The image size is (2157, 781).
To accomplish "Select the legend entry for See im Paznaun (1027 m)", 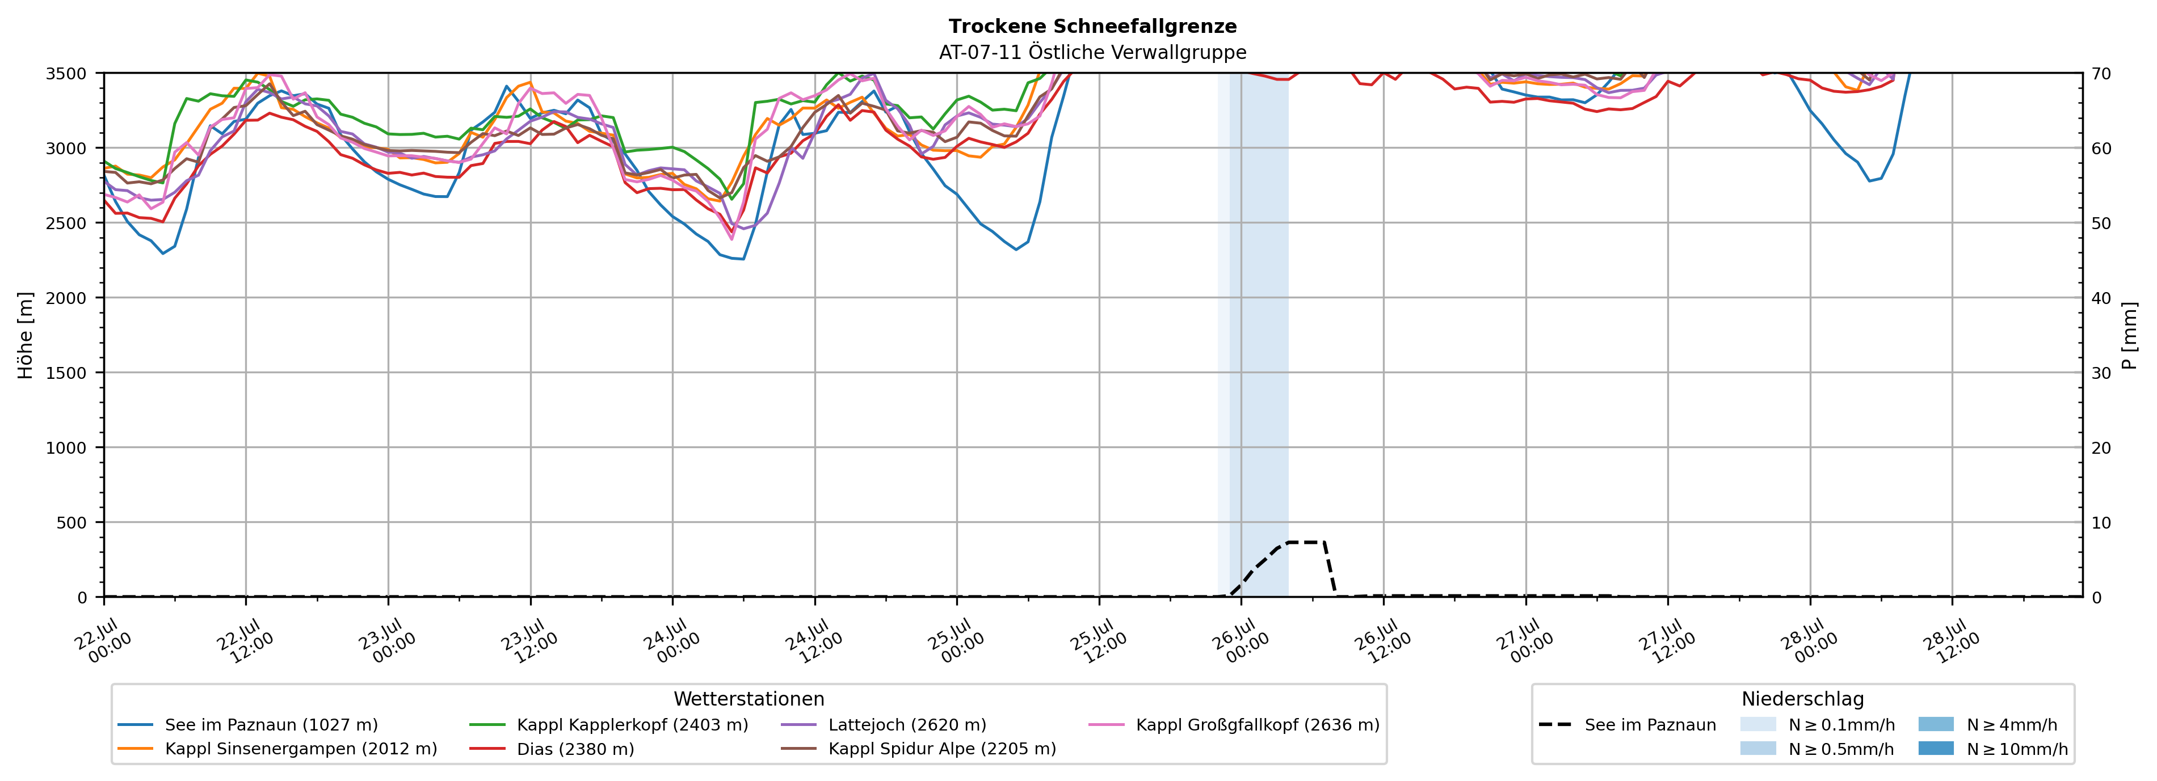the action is coord(248,725).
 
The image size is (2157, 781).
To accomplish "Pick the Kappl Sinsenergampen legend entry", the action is coord(277,748).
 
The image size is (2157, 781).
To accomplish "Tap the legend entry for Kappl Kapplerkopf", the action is coord(609,725).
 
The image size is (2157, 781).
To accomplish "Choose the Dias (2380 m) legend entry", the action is coord(551,748).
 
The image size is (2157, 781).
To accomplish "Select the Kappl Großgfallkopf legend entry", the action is coord(1234,725).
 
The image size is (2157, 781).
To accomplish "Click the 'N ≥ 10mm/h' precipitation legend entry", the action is coord(1993,748).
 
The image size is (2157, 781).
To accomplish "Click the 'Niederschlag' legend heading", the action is coord(1803,699).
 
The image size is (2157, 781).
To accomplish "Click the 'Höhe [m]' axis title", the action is coord(26,335).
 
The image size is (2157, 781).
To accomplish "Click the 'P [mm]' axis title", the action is coord(2129,335).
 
